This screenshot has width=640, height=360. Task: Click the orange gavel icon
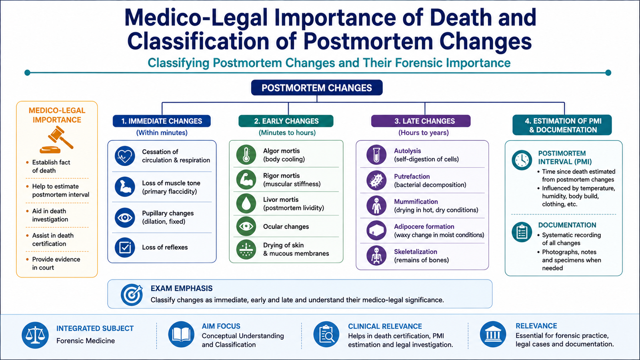56,140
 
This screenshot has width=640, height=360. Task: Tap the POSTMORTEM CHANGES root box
317,88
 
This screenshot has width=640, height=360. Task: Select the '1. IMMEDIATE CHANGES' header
162,121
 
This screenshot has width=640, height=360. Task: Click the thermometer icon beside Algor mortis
246,154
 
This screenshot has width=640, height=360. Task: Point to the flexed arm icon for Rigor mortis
246,180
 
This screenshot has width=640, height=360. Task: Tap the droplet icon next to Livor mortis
246,204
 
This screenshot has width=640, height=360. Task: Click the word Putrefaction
412,176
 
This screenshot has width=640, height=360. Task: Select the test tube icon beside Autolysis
376,154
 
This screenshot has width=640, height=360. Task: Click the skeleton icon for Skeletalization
376,256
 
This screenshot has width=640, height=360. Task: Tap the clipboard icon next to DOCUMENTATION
522,232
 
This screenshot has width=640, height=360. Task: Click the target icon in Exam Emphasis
132,294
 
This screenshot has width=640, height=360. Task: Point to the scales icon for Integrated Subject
35,335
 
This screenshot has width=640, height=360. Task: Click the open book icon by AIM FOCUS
181,334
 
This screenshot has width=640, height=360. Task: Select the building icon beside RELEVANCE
493,334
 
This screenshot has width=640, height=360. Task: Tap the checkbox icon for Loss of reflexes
125,248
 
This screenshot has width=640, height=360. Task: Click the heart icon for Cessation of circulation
125,156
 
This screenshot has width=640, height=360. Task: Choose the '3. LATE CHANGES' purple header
420,121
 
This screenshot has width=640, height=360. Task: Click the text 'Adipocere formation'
424,226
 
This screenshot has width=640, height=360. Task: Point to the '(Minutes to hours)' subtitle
287,132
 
